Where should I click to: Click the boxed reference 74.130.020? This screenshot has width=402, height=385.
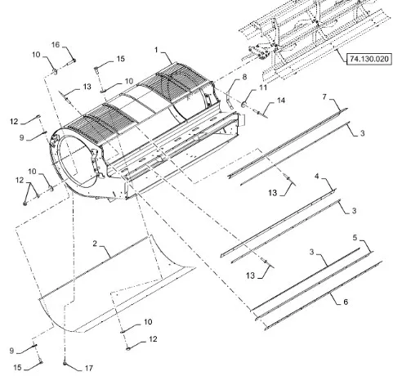(x=369, y=59)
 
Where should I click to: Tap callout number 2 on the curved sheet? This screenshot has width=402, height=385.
(x=95, y=244)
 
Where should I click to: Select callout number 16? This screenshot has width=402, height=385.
(x=56, y=44)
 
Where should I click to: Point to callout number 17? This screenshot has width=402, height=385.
(x=89, y=368)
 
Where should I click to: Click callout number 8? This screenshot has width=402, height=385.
(x=244, y=77)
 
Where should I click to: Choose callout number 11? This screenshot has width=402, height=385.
(x=263, y=87)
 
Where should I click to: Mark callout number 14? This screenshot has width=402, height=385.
(x=281, y=101)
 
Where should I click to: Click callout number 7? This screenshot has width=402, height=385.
(x=324, y=96)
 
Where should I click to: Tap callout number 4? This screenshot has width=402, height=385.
(x=316, y=176)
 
